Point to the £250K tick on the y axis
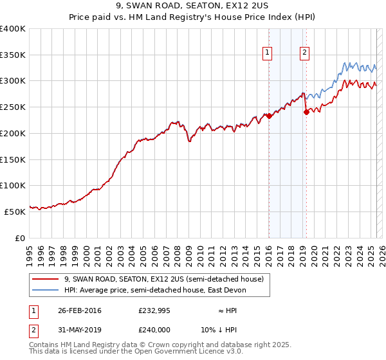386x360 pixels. point(13,107)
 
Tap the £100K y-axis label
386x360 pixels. point(13,185)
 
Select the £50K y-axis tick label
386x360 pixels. point(15,211)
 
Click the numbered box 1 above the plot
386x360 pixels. point(267,54)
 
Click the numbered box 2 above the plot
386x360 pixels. point(304,54)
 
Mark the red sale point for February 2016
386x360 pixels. point(269,116)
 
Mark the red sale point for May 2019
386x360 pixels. point(306,113)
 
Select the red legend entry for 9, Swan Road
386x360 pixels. point(164,280)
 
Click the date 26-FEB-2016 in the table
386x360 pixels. point(79,310)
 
